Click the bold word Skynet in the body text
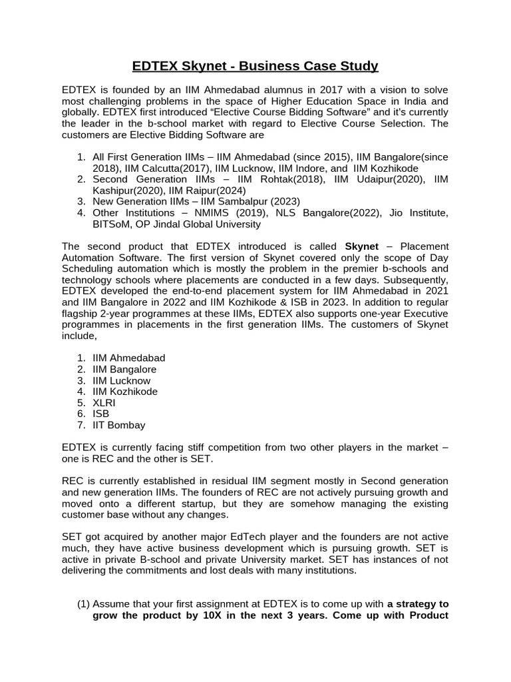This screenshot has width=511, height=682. [x=361, y=246]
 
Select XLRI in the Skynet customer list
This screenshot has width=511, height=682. [x=104, y=403]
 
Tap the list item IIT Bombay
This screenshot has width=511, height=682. [x=118, y=425]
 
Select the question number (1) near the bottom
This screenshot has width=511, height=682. [x=83, y=604]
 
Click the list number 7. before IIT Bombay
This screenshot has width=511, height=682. [x=81, y=425]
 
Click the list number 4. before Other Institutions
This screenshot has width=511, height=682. [x=81, y=212]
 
